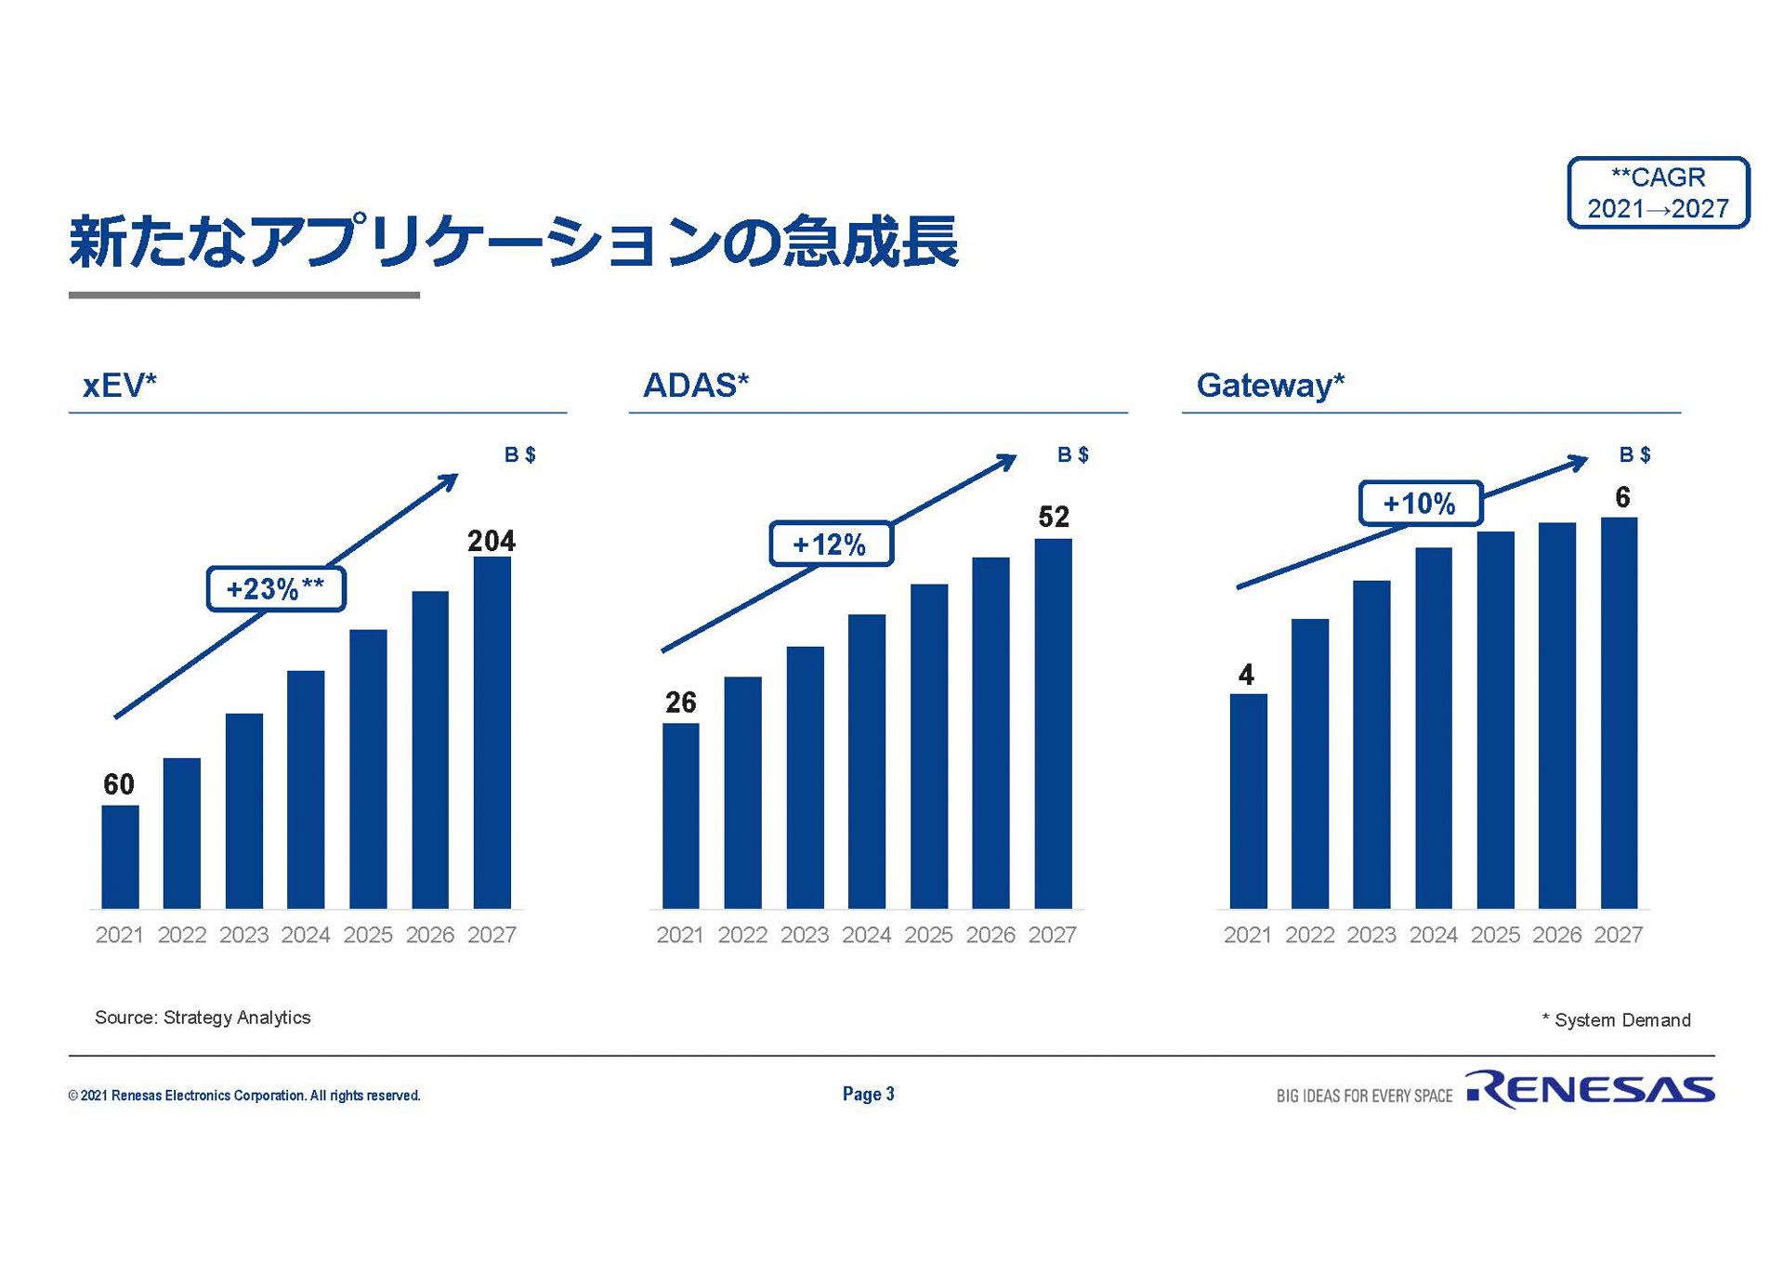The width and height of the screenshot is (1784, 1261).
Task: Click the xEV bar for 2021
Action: tap(120, 856)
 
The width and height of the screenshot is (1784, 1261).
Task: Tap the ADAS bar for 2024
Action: tap(866, 761)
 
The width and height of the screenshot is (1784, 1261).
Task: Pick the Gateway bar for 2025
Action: tap(1495, 719)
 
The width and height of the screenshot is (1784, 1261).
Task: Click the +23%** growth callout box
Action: tap(276, 589)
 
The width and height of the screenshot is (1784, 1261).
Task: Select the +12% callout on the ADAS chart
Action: tap(831, 544)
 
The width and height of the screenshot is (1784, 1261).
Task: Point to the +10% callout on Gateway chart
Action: tap(1420, 504)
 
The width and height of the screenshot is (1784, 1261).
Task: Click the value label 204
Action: tap(491, 541)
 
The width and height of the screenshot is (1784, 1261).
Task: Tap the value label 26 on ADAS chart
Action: tap(680, 703)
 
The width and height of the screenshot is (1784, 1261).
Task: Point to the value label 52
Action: tap(1054, 517)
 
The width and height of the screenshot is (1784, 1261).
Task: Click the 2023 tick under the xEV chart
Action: tap(243, 935)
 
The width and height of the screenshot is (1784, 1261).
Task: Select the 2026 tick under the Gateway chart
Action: tap(1556, 935)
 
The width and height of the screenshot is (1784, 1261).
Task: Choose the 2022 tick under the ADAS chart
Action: tap(742, 935)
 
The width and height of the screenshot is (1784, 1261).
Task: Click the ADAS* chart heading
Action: tap(696, 385)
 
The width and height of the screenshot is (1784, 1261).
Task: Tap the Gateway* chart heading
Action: tap(1270, 385)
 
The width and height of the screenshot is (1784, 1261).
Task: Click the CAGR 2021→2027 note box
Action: tap(1658, 192)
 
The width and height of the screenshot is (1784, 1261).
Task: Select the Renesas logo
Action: tap(1590, 1089)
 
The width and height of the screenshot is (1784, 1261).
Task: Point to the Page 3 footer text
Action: tap(868, 1094)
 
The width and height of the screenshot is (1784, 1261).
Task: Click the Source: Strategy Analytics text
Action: tap(203, 1018)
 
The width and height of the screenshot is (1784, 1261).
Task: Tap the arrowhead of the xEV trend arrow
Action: tap(449, 481)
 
